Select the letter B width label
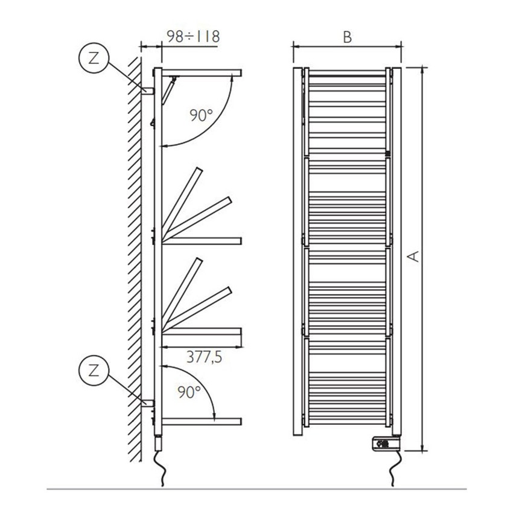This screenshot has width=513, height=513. (347, 37)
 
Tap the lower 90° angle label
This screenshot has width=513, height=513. (189, 393)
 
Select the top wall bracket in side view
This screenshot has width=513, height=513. (147, 91)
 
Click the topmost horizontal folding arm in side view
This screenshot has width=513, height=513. (199, 73)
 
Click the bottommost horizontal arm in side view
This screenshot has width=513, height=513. (202, 421)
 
